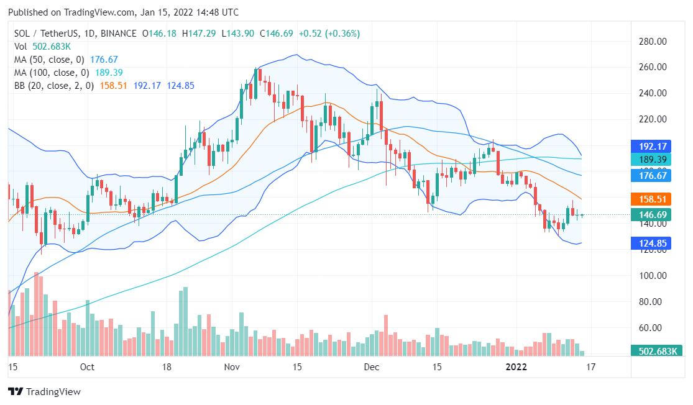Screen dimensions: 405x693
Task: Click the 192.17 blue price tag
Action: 653,147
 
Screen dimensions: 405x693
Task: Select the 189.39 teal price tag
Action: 653,160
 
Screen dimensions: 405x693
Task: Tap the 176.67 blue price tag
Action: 653,176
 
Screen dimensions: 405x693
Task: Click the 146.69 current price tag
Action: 653,215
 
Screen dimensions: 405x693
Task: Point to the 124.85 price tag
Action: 653,243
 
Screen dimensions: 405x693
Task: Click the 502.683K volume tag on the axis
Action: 653,351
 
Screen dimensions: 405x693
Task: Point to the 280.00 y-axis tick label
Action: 653,41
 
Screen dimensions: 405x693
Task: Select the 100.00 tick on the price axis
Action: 653,276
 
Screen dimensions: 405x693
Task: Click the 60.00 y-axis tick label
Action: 653,328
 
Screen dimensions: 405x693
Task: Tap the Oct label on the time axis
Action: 87,367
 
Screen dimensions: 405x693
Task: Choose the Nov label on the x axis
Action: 232,367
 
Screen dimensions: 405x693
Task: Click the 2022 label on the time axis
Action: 517,367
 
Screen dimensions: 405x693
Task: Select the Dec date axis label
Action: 372,367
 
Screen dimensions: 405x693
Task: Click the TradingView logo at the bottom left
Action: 44,392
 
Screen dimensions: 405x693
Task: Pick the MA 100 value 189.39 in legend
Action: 106,73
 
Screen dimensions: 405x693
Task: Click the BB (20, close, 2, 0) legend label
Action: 54,86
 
